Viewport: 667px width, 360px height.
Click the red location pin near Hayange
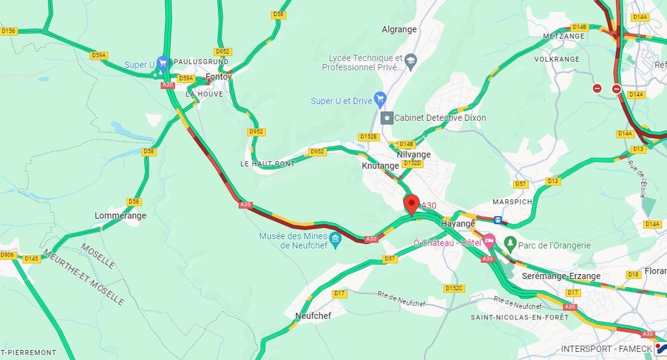click(411, 204)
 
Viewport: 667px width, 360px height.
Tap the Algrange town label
click(399, 29)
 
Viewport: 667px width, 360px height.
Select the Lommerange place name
click(120, 216)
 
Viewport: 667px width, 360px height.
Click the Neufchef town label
click(313, 316)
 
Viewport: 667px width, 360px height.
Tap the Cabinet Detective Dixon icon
click(387, 118)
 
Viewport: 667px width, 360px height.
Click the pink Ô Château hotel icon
click(489, 240)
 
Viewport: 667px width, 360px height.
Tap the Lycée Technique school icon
click(410, 60)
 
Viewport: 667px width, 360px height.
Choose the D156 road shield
click(8, 31)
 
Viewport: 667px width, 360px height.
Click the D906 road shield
click(7, 255)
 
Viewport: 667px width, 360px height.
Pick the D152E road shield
click(368, 136)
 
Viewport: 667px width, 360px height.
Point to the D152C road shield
click(454, 288)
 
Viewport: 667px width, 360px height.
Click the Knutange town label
click(380, 166)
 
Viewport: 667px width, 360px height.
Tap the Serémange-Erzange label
click(561, 276)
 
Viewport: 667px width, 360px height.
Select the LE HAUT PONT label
click(267, 164)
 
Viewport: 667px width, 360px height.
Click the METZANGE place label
click(564, 36)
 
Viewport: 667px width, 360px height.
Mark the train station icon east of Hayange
click(498, 220)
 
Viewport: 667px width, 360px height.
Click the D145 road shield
click(31, 258)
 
